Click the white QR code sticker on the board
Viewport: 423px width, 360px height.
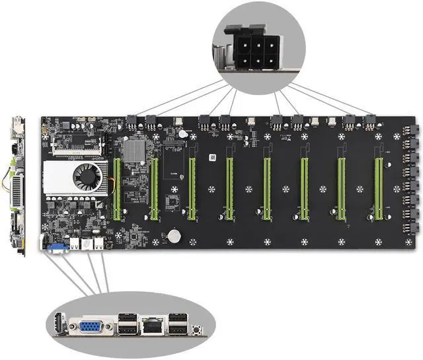click(x=213, y=158)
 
